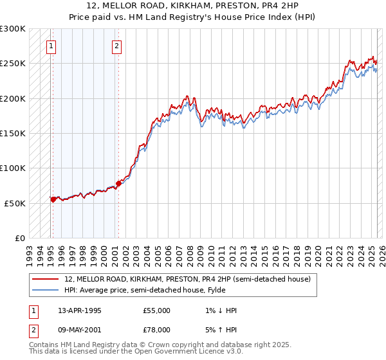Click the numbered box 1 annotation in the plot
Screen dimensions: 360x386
point(51,46)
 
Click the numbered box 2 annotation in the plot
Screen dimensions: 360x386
point(116,46)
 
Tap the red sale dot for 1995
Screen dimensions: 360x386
point(53,199)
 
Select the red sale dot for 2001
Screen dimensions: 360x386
point(118,183)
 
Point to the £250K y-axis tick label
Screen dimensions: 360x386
point(13,64)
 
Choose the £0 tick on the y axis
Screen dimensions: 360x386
point(20,238)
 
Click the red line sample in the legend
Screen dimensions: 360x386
point(46,279)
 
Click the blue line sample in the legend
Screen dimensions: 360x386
point(46,290)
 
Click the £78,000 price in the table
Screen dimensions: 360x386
point(157,330)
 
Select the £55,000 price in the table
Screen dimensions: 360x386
point(157,310)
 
